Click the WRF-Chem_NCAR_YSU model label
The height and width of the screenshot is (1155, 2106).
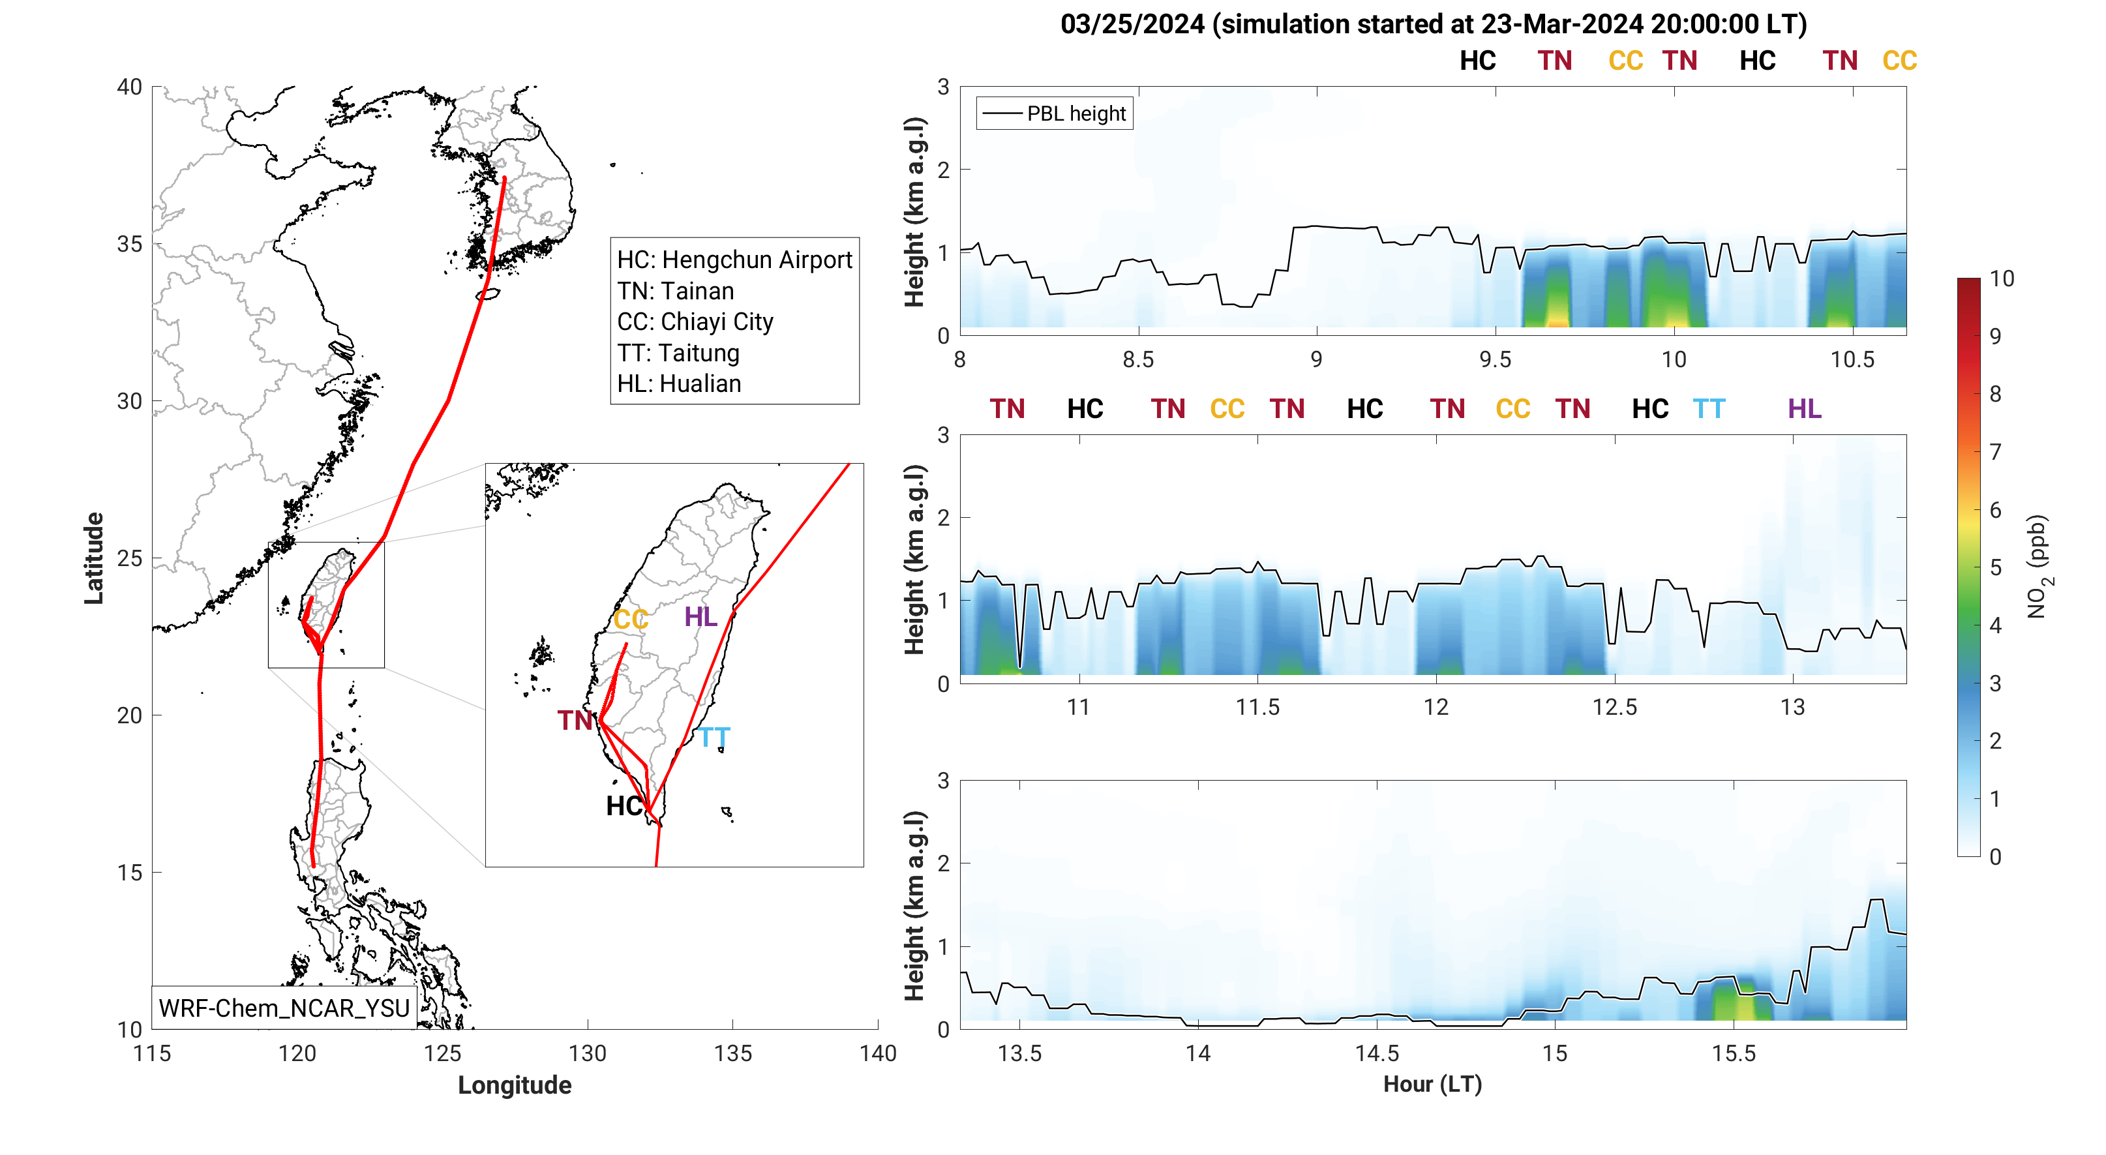[x=284, y=1008]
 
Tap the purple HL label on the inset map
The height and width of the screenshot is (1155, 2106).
[x=700, y=616]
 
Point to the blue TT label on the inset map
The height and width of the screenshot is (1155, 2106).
[x=714, y=738]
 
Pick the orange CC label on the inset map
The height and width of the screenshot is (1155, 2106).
[x=630, y=620]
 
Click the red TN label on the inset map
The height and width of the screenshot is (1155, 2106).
[x=575, y=720]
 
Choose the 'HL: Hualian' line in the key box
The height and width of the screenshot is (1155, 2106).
[x=678, y=383]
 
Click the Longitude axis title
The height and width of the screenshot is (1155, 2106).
[x=514, y=1085]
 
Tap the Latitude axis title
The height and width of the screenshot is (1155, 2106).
[x=94, y=558]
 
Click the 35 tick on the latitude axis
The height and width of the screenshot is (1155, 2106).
[x=130, y=245]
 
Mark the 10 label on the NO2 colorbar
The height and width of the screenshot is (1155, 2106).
[x=2002, y=278]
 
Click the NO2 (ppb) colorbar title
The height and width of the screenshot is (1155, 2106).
[x=2039, y=567]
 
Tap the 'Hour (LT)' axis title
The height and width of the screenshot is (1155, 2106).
[x=1432, y=1084]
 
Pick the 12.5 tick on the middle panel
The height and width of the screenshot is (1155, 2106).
[x=1615, y=707]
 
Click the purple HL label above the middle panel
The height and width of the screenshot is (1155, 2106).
[x=1804, y=409]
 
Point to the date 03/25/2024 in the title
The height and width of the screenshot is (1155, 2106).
[x=1132, y=25]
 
